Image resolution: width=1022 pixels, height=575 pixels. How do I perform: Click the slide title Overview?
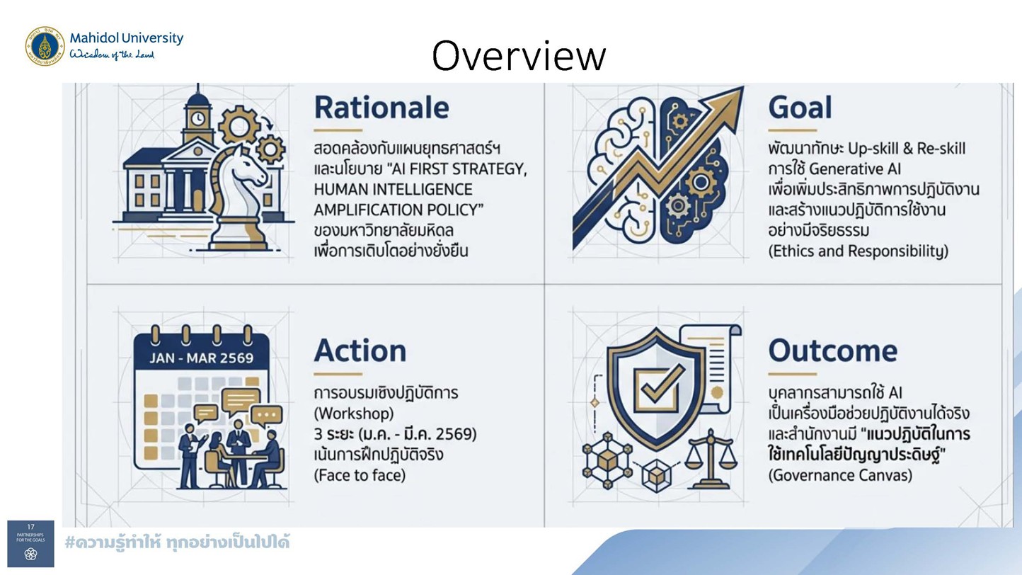pos(519,56)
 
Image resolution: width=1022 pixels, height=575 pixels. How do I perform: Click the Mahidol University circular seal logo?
pos(45,46)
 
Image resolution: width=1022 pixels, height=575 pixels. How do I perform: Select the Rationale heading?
pos(381,108)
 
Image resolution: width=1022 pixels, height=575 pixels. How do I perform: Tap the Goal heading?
pos(800,108)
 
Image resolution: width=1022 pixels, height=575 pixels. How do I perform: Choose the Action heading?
pos(360,351)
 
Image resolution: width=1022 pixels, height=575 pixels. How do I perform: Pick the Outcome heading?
pos(832,351)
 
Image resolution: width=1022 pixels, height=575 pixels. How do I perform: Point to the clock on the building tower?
pos(197,119)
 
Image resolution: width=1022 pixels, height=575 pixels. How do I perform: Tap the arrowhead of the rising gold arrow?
pos(725,103)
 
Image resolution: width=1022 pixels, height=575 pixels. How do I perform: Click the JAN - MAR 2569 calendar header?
pos(201,358)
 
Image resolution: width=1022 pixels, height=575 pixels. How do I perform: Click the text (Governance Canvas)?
pos(840,476)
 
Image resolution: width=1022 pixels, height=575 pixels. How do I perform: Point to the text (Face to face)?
pos(360,476)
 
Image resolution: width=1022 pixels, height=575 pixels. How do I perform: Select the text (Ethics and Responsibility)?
pos(859,251)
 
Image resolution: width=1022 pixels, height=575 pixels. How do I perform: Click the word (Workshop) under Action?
pos(354,414)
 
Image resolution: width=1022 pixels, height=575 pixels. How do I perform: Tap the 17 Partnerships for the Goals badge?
pos(30,544)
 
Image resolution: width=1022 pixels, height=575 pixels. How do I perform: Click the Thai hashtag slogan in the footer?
pos(177,543)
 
